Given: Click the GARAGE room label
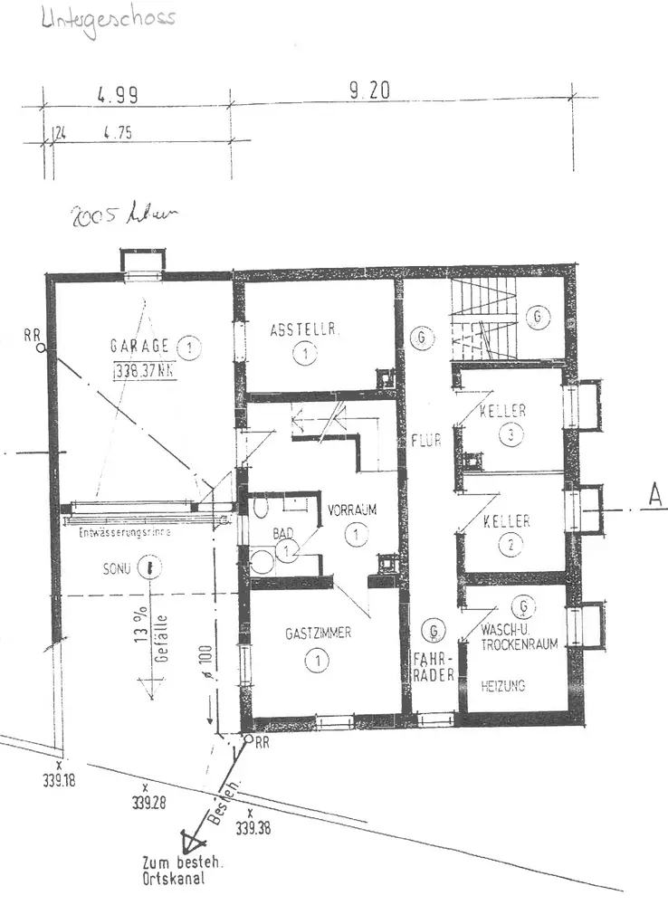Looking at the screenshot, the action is (139, 346).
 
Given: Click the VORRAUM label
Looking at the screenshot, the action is (352, 510).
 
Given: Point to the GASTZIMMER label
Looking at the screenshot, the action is (318, 633).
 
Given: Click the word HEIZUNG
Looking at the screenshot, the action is (504, 686).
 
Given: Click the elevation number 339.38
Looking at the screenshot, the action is (253, 826).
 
